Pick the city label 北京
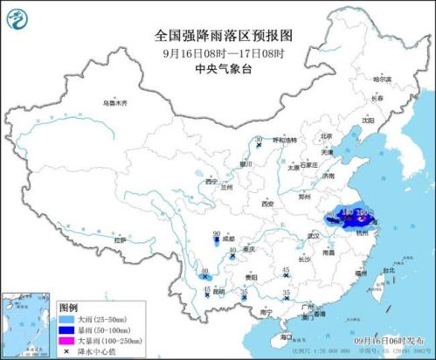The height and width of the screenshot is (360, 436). tap(326, 136)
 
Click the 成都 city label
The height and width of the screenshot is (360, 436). tap(228, 238)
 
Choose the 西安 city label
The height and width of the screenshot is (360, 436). tap(267, 204)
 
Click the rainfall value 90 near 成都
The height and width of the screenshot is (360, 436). tap(217, 233)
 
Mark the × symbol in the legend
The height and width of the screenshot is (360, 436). tap(67, 351)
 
